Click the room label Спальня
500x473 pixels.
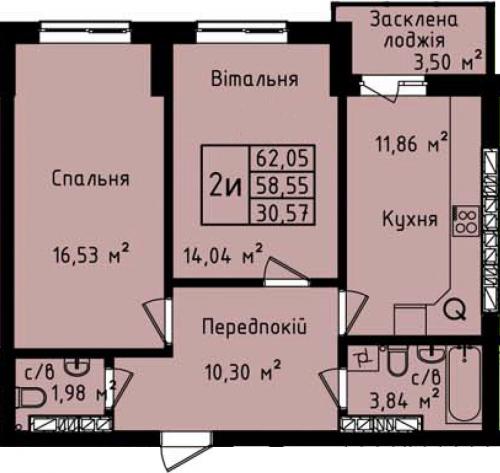[90, 178]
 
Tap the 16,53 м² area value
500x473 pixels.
[91, 255]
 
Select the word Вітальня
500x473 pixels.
[255, 79]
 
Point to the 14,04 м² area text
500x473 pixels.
[223, 255]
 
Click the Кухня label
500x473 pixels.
[410, 219]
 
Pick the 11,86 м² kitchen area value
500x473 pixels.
[411, 143]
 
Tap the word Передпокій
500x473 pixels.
[254, 326]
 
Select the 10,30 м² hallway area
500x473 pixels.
[243, 371]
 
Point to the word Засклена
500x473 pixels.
[414, 20]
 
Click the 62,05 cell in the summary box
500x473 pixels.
[282, 158]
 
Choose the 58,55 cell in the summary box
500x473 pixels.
[282, 185]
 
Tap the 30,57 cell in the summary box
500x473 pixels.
[282, 212]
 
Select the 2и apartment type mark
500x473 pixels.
[226, 186]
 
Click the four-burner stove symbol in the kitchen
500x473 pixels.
[466, 221]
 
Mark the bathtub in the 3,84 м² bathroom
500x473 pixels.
[464, 387]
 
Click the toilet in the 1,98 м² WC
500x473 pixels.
[31, 397]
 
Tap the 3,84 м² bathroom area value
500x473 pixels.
[405, 400]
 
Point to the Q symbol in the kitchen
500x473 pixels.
[454, 311]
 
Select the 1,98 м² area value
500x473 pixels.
[83, 393]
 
